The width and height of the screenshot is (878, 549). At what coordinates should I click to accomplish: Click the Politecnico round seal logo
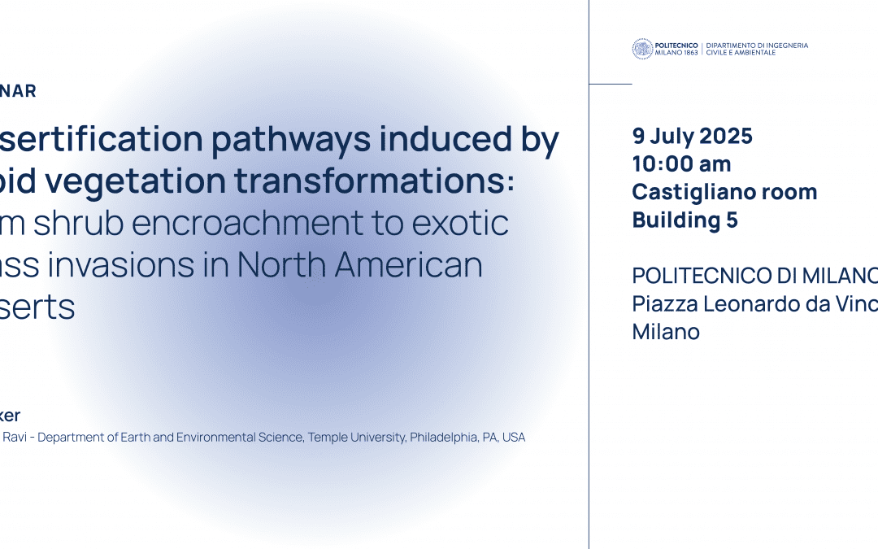642,49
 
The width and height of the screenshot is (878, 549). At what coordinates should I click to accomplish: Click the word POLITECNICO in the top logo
676,46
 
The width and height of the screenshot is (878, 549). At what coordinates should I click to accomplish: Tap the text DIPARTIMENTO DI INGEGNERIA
757,46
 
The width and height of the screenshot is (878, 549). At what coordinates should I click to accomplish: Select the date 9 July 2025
693,137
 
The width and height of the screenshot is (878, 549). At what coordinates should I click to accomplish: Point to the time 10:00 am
681,164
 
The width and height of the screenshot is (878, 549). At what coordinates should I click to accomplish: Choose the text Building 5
685,220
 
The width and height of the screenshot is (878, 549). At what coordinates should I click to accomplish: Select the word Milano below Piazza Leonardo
666,331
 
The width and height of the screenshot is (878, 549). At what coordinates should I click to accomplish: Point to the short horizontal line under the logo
610,84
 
